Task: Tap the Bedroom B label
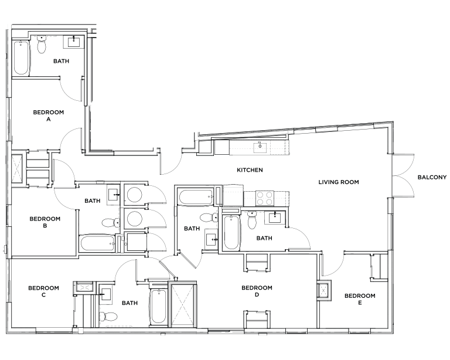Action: pyautogui.click(x=45, y=220)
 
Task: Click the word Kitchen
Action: pyautogui.click(x=250, y=171)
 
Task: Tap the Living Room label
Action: pyautogui.click(x=338, y=182)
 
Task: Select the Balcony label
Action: pyautogui.click(x=431, y=178)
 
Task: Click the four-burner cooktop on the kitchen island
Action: pyautogui.click(x=265, y=198)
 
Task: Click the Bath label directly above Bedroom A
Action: pyautogui.click(x=62, y=61)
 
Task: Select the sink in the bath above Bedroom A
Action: pyautogui.click(x=73, y=43)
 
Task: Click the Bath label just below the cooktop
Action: pyautogui.click(x=264, y=238)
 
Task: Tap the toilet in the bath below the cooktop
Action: pyautogui.click(x=252, y=222)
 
